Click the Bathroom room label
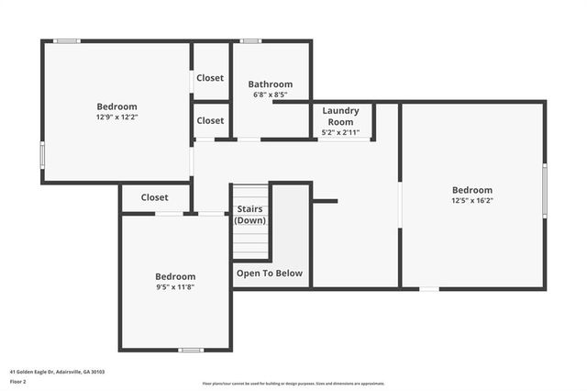(x=270, y=84)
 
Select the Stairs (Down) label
(x=250, y=215)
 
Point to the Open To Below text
(x=270, y=273)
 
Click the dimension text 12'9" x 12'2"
(x=116, y=117)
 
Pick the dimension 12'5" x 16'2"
(x=471, y=200)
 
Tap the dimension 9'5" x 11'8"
(x=174, y=286)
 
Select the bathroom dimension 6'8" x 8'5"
(x=270, y=95)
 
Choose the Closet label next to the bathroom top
(x=210, y=78)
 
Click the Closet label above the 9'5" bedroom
(x=154, y=197)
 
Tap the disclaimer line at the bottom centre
(x=293, y=384)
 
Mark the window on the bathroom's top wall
(x=250, y=40)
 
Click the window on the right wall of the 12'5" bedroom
(x=545, y=191)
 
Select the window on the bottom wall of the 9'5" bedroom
(x=191, y=350)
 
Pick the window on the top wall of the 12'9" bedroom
(x=66, y=40)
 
